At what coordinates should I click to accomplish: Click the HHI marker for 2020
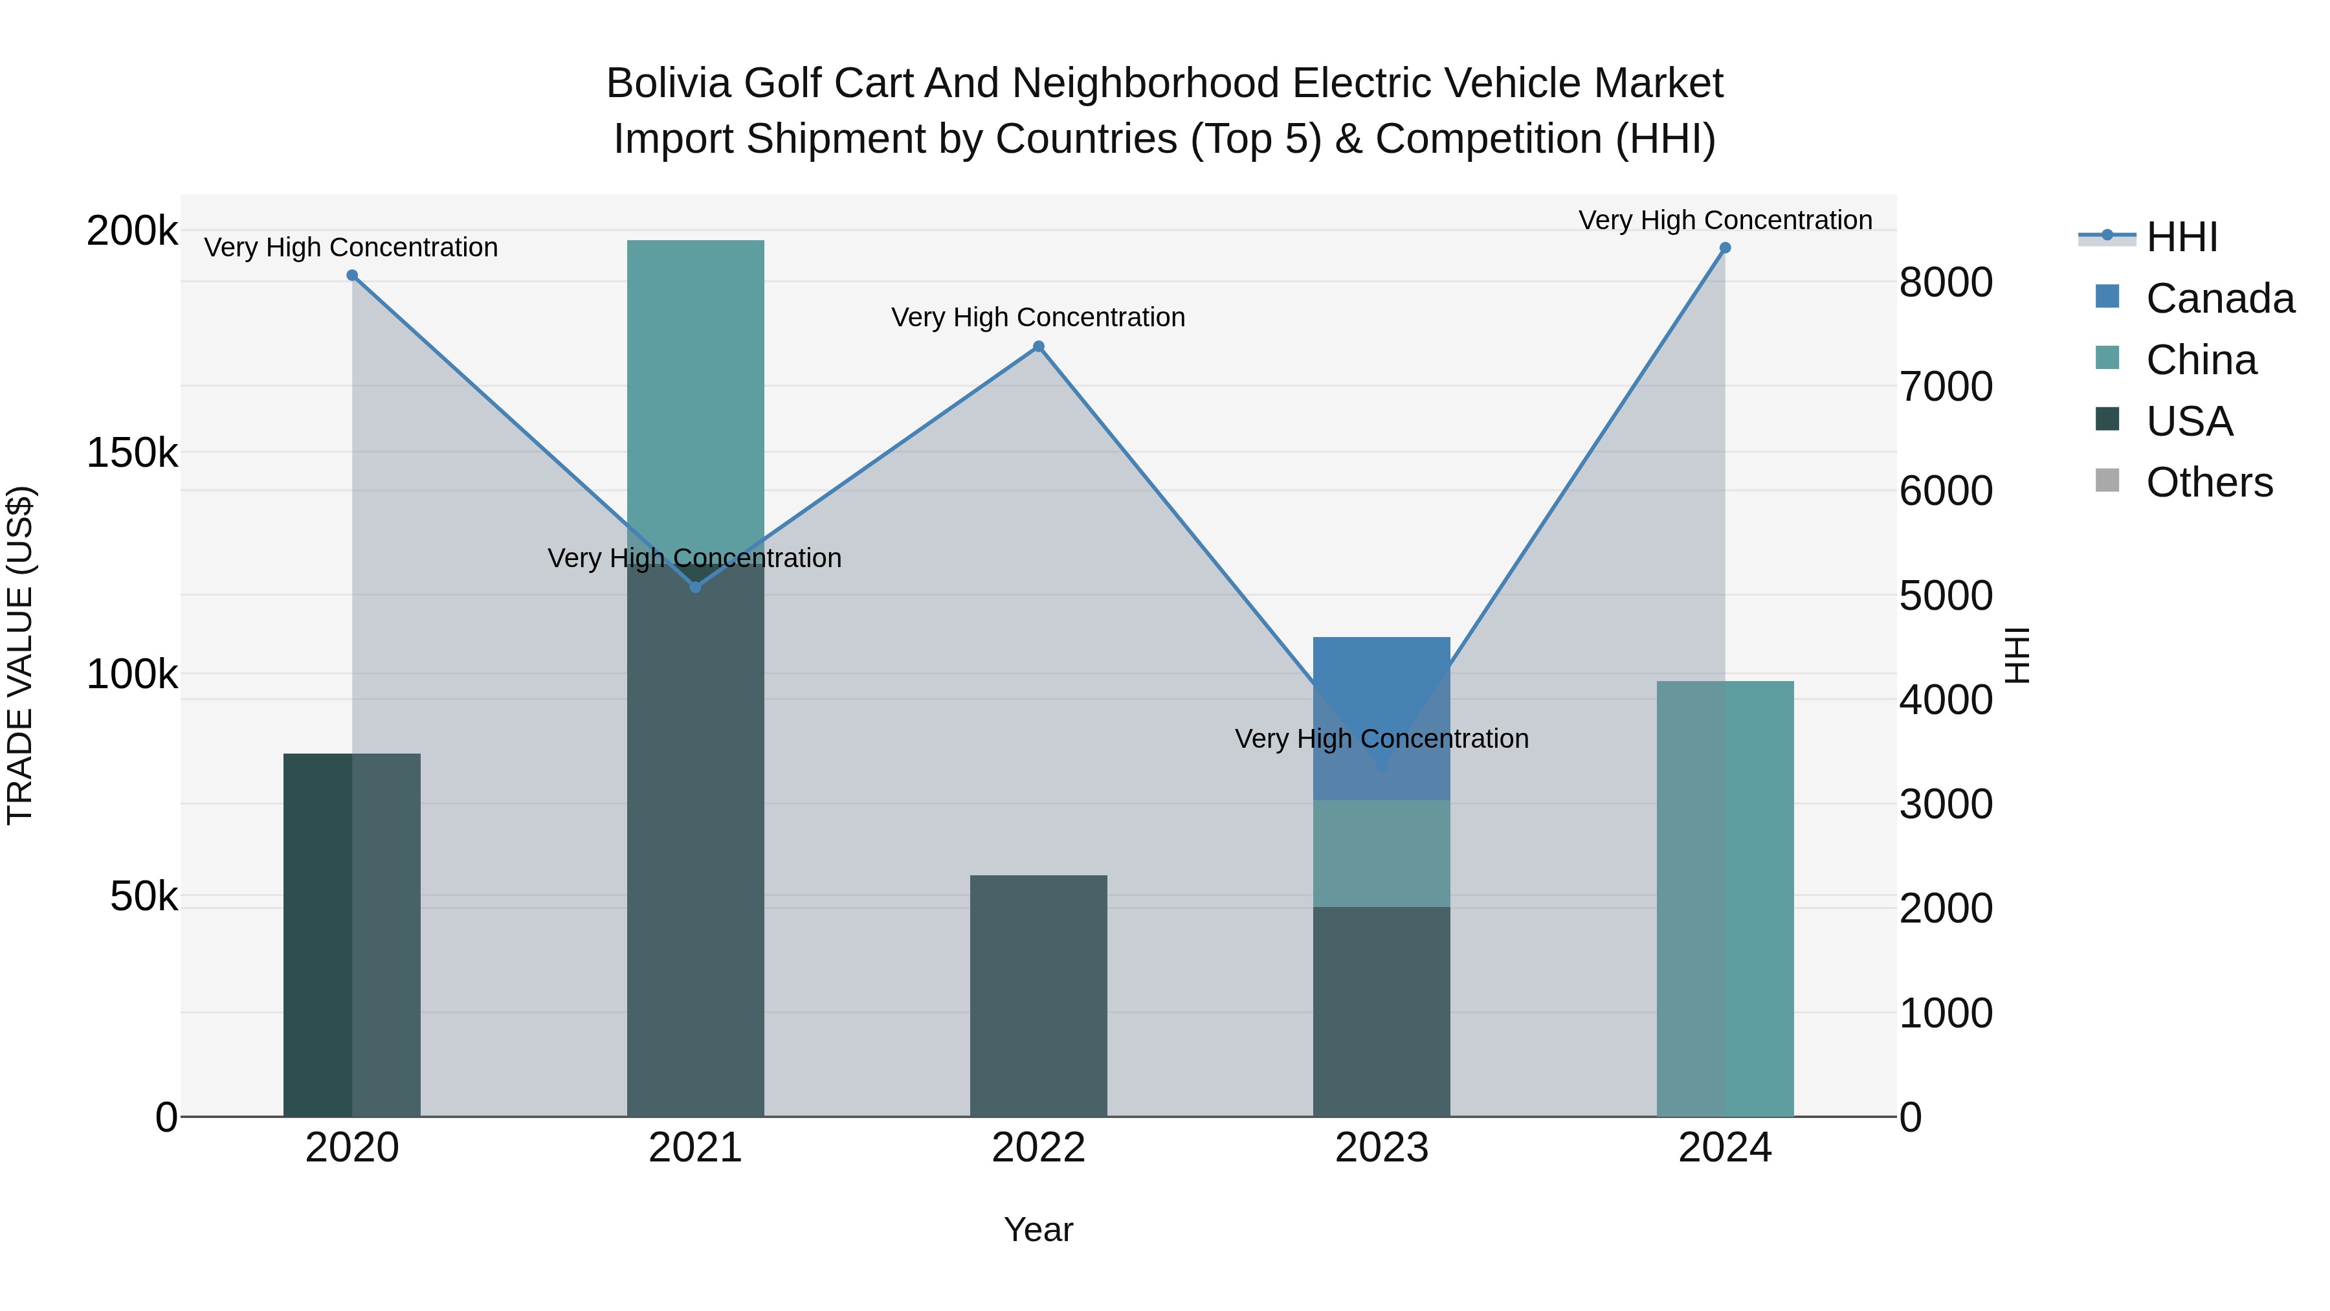[352, 275]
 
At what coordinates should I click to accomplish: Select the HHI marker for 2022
[1038, 346]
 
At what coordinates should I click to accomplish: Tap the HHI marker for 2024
[1725, 248]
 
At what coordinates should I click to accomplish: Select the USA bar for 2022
[1038, 995]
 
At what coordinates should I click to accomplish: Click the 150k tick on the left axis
[132, 453]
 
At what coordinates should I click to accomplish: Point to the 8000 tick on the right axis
[1946, 282]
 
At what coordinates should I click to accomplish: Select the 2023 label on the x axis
[1381, 1148]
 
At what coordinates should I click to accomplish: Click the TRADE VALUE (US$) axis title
[20, 655]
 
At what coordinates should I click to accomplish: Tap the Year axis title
[1038, 1229]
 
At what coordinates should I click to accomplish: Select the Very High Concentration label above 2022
[1038, 318]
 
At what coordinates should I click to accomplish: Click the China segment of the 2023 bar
[1381, 853]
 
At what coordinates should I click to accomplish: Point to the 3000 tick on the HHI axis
[1946, 803]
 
